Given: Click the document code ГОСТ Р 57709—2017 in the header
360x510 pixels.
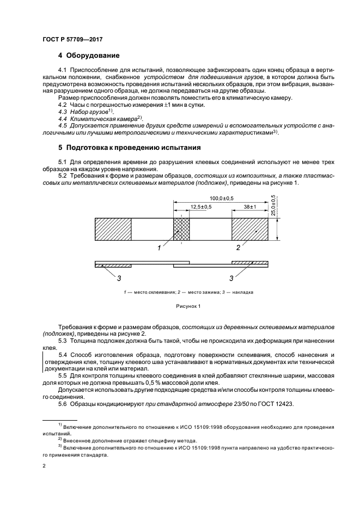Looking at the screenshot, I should (x=72, y=39).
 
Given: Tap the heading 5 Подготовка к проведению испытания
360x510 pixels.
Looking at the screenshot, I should (x=130, y=148).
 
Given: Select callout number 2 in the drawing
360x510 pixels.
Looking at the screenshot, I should (x=238, y=248).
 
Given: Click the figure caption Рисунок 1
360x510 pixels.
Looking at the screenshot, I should (x=188, y=306).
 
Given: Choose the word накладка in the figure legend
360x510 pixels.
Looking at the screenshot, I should (x=242, y=292).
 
